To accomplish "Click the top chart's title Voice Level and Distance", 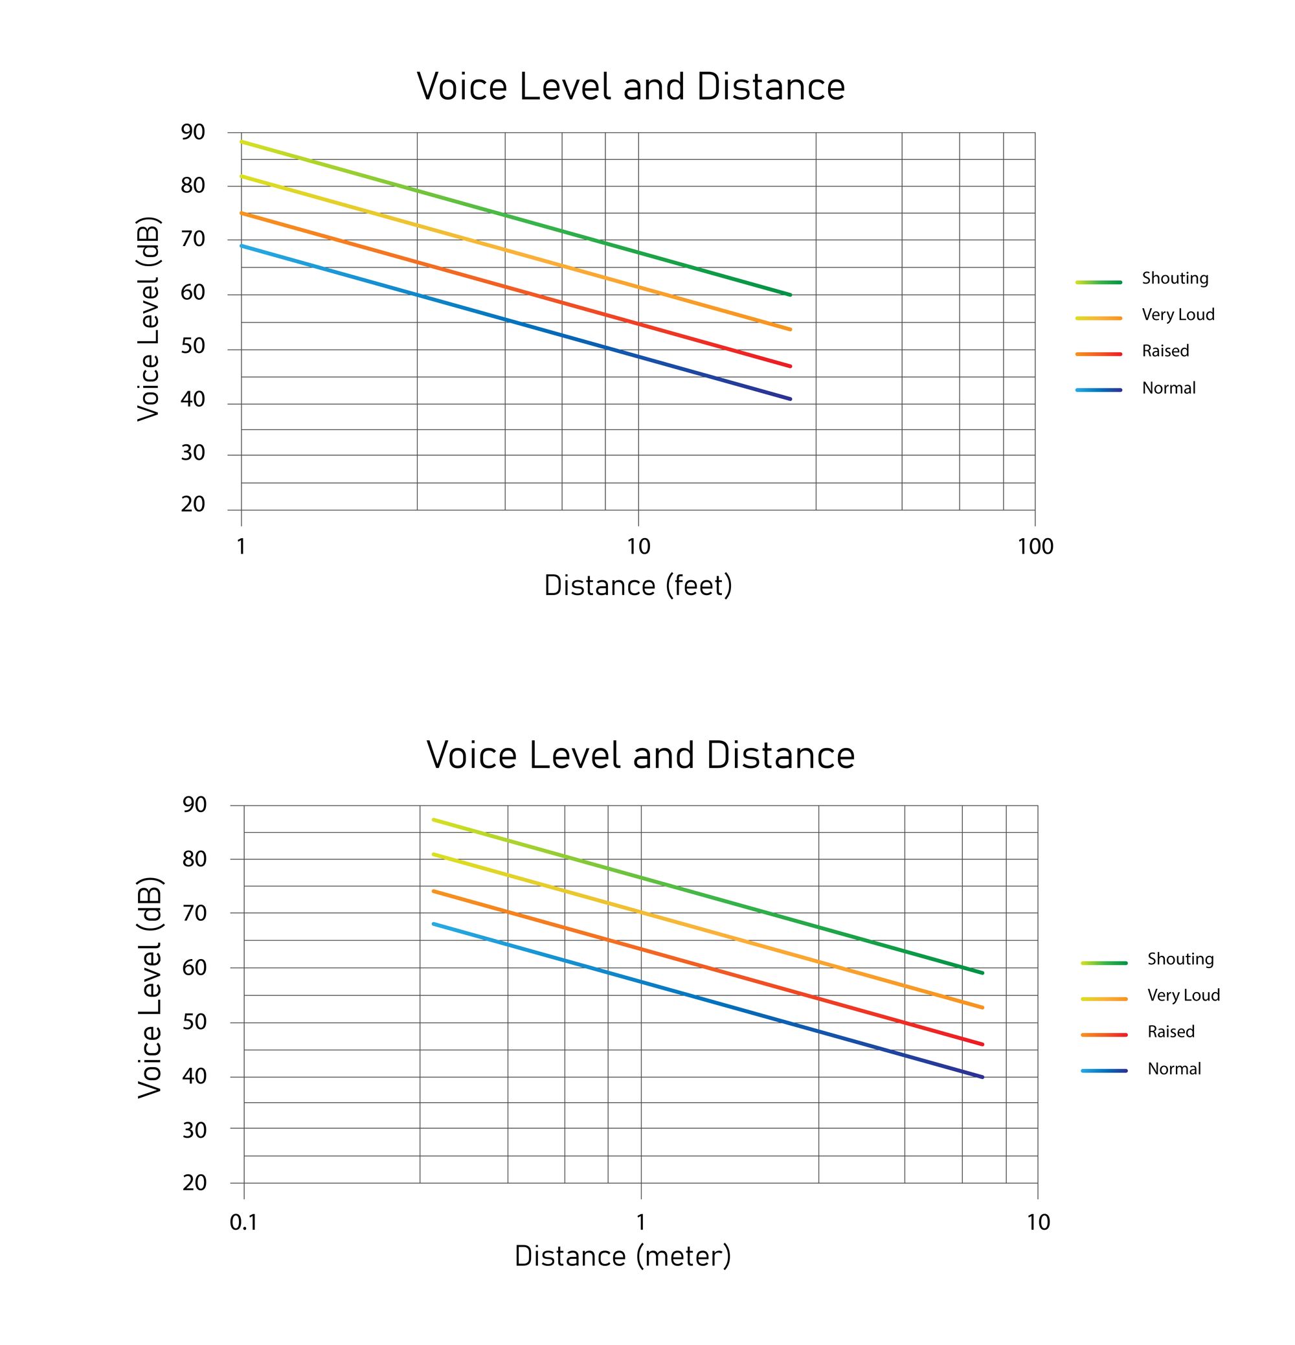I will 631,87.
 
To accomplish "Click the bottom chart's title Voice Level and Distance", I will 640,756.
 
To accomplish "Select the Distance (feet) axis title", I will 638,586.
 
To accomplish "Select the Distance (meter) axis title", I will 622,1256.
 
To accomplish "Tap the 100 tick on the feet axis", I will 1035,547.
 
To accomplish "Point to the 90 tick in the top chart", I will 193,133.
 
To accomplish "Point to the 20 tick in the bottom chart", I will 194,1182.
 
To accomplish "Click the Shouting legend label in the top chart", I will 1174,278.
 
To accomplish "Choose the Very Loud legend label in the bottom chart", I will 1183,996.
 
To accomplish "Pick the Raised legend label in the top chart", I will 1165,352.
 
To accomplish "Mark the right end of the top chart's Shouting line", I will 790,295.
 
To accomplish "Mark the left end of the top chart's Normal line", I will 242,245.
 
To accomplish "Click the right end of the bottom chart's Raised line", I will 982,1045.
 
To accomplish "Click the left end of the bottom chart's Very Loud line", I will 434,854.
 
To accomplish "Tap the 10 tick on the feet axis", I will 638,547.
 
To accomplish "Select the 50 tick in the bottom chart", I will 194,1022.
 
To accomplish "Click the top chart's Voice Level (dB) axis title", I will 148,319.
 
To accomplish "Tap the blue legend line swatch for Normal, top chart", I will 1098,390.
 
